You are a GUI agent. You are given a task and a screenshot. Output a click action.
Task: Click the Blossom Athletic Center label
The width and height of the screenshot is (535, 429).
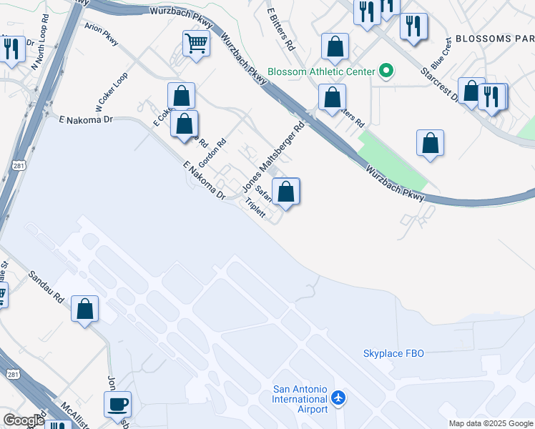pos(322,71)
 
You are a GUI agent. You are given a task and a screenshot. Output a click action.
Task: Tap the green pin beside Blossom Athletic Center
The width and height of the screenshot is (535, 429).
pos(387,71)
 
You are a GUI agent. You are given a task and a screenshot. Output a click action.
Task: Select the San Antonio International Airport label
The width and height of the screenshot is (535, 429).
pos(300,399)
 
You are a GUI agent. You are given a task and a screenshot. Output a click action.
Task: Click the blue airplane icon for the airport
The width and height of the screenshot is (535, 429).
pos(339,398)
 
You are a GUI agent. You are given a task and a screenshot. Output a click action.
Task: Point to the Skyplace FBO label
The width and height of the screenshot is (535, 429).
pos(393,354)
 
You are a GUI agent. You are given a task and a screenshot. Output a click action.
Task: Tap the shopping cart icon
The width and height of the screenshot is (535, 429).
pos(195,43)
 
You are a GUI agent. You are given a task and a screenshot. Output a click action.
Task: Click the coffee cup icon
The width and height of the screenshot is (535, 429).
pos(117,404)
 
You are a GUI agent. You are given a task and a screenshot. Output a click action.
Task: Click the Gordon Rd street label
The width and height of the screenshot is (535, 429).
pos(212,152)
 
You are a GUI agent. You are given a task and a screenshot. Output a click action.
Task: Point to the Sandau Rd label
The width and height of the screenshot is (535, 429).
pos(47,287)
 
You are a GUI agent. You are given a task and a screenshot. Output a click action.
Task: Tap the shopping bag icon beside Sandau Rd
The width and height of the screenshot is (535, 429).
pos(85,309)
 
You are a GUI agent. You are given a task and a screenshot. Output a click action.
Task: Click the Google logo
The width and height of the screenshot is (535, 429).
pos(24,420)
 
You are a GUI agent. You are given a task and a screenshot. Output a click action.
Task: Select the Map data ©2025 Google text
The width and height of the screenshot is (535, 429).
pos(491,423)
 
